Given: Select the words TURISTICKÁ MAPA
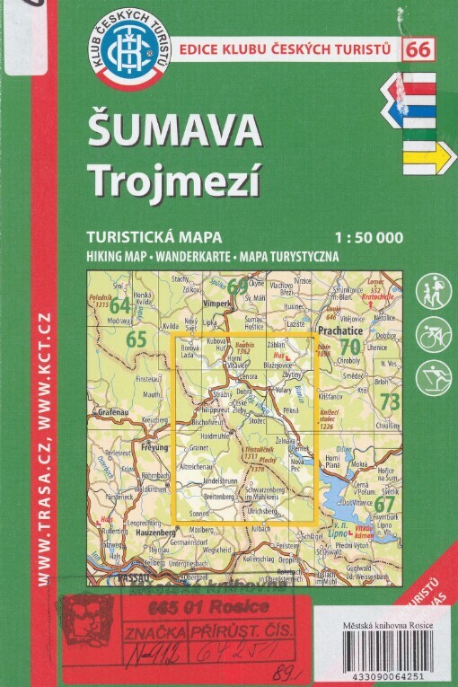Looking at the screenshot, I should pos(134,237).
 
